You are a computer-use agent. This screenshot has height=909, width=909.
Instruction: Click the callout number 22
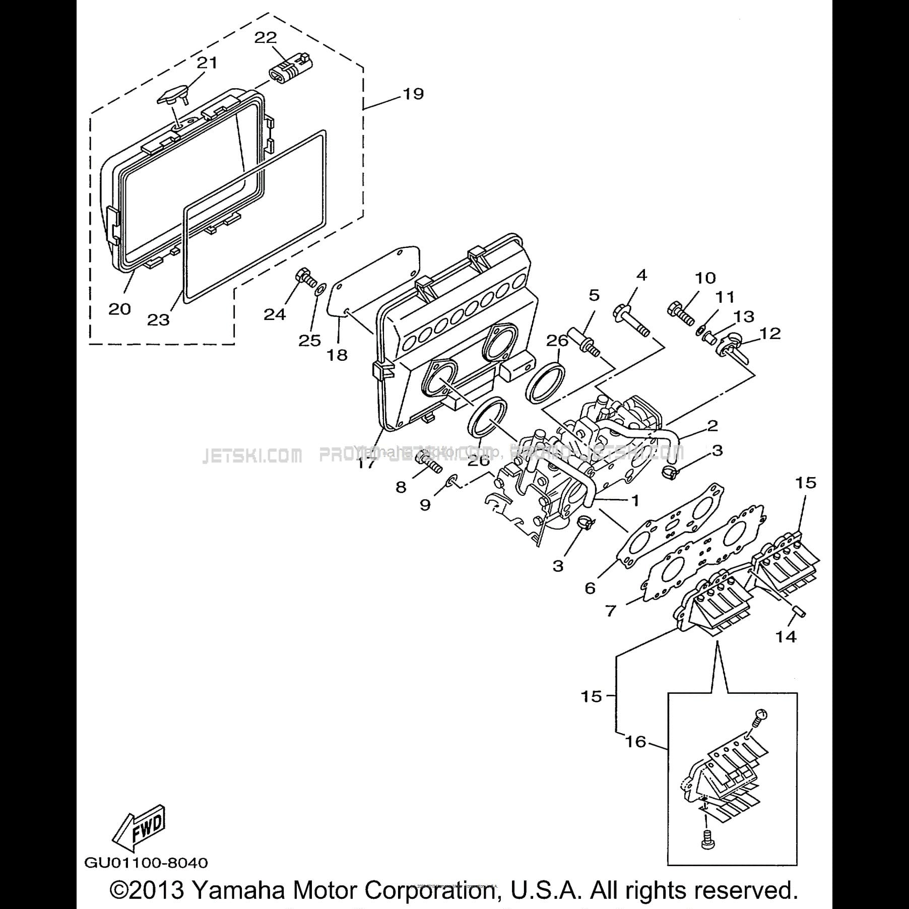266,37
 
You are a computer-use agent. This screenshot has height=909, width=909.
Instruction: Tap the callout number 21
207,62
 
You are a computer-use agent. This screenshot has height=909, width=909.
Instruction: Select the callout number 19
413,94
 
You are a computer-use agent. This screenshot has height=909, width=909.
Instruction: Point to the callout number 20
119,309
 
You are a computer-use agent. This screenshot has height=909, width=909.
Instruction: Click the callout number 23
158,319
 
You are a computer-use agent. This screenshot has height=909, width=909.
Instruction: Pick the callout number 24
275,314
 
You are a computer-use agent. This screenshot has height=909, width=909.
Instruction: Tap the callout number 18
337,355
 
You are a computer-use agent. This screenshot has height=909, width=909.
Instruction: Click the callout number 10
705,278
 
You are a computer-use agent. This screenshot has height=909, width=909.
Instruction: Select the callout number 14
786,636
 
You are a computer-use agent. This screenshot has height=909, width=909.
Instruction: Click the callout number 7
611,611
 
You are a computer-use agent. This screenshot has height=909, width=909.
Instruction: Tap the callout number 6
590,588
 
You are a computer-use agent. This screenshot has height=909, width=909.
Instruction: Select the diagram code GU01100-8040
146,863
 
